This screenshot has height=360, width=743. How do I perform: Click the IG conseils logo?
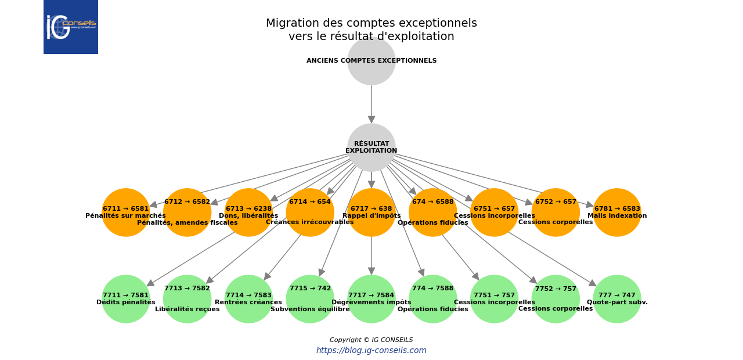coord(70,27)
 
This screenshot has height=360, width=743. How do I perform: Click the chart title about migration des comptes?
coord(371,30)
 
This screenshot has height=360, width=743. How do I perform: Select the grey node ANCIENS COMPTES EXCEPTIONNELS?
coord(371,61)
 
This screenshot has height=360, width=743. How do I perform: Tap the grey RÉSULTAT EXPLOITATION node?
coord(371,147)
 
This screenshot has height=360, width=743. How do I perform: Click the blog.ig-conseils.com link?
coord(371,351)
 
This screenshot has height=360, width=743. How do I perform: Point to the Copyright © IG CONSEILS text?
coord(371,340)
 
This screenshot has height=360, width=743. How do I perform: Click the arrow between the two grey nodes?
coord(371,105)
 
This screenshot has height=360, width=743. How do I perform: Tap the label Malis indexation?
coord(617,216)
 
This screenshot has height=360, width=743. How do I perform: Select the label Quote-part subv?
coord(617,303)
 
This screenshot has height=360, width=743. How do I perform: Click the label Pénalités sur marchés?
coord(126,216)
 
